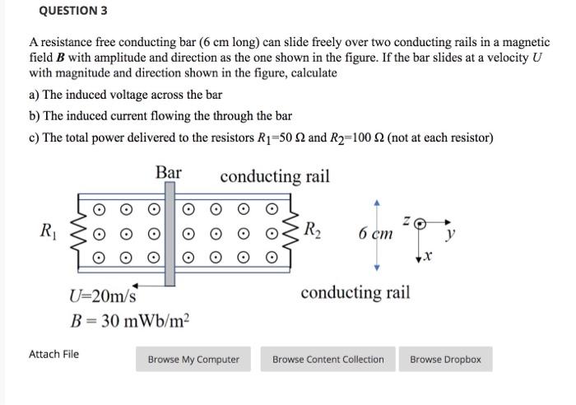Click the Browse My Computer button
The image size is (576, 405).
193,359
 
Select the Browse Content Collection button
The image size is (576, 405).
327,359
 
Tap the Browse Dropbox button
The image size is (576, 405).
445,359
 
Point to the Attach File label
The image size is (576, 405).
53,354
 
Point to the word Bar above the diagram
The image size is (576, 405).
168,173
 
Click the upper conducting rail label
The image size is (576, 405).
275,175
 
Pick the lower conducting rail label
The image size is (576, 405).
355,292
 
